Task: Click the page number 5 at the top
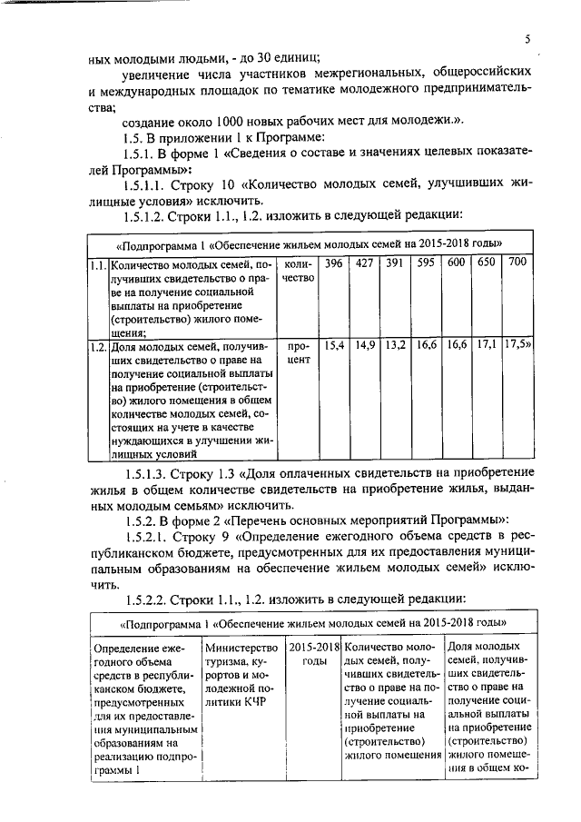tap(526, 38)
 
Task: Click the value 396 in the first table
tap(335, 263)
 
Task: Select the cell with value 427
tap(365, 263)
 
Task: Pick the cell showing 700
tap(517, 263)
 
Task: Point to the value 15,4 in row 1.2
tap(335, 346)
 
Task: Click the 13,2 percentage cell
tap(395, 346)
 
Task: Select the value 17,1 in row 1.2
tap(487, 346)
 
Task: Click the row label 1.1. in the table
tap(97, 264)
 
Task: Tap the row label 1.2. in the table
tap(97, 346)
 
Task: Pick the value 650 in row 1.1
tap(487, 263)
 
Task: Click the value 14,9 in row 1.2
tap(365, 346)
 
